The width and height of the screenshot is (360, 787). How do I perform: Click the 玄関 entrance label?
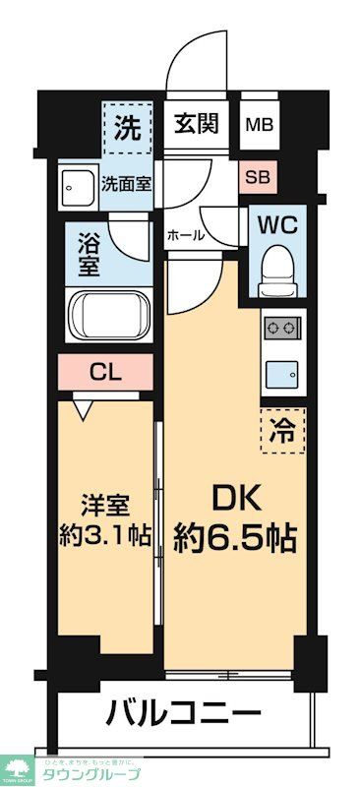click(197, 125)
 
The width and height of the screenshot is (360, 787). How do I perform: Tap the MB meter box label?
click(260, 126)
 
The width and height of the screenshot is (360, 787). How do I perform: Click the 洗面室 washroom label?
click(127, 182)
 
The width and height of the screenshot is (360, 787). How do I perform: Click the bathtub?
click(107, 314)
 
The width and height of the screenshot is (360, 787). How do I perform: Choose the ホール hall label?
click(186, 235)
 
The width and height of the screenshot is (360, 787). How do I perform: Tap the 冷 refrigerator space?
click(284, 428)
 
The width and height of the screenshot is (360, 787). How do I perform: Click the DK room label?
click(236, 500)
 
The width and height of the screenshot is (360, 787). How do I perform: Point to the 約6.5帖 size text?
click(236, 538)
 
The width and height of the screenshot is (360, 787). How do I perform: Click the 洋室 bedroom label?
click(103, 503)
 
